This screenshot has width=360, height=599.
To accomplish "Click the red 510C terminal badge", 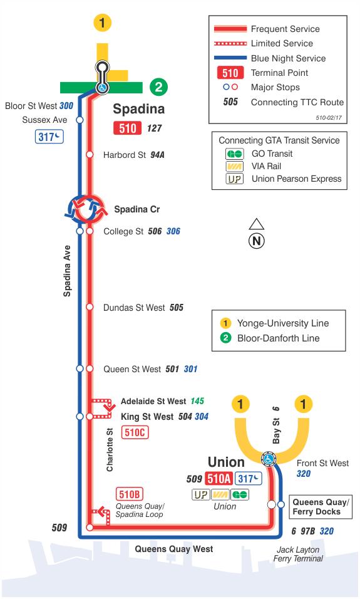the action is click(x=135, y=432).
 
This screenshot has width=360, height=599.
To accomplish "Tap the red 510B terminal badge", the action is click(x=130, y=494).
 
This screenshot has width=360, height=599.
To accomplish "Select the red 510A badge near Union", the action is click(x=219, y=478).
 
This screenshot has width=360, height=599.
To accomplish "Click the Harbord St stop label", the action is click(x=125, y=155).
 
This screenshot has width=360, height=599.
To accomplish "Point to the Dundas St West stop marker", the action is click(x=90, y=307).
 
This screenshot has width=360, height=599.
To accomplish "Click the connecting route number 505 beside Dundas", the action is click(x=177, y=308).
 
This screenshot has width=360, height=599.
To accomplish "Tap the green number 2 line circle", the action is click(x=158, y=87).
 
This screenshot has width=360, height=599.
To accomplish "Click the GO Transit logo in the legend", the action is click(x=234, y=154).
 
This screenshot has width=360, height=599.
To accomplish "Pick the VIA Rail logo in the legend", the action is click(x=234, y=167).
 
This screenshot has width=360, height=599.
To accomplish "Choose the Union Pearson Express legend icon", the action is click(x=234, y=179).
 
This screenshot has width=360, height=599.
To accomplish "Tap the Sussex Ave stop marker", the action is click(x=80, y=120).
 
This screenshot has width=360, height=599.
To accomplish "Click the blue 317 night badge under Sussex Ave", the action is click(x=49, y=137).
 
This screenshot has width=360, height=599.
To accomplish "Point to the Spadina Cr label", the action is click(x=137, y=209).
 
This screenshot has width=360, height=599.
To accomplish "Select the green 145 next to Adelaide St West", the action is click(x=197, y=401).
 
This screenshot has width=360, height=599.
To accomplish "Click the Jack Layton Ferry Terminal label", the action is click(x=298, y=554).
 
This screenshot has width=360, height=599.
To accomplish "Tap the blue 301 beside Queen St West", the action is click(x=190, y=369).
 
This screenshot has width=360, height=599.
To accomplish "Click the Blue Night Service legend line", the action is click(x=230, y=58).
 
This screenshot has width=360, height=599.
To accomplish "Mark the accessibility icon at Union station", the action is click(x=269, y=459).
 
